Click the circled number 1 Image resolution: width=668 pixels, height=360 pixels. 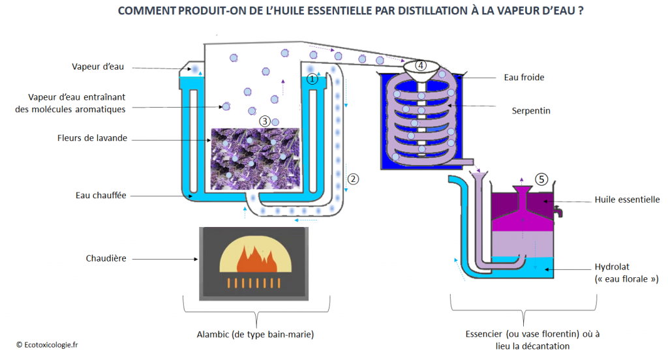click(312, 79)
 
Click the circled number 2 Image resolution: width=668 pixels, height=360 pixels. click(353, 178)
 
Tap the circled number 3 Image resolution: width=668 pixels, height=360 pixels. click(264, 121)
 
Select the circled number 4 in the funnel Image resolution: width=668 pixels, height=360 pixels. click(421, 65)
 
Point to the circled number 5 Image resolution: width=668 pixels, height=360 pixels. click(540, 178)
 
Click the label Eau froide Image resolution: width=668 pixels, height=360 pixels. click(524, 77)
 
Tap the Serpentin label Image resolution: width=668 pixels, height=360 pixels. click(531, 110)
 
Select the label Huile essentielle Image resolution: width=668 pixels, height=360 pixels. click(626, 199)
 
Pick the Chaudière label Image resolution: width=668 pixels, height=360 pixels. click(106, 258)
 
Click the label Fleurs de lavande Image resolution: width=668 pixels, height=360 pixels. click(92, 138)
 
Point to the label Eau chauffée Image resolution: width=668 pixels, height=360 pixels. click(100, 194)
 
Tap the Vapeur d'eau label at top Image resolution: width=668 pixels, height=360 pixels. click(98, 67)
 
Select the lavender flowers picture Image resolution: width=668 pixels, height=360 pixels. click(255, 159)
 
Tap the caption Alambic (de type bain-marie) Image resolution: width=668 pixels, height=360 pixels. click(255, 335)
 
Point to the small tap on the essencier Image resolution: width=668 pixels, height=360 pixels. click(558, 211)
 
